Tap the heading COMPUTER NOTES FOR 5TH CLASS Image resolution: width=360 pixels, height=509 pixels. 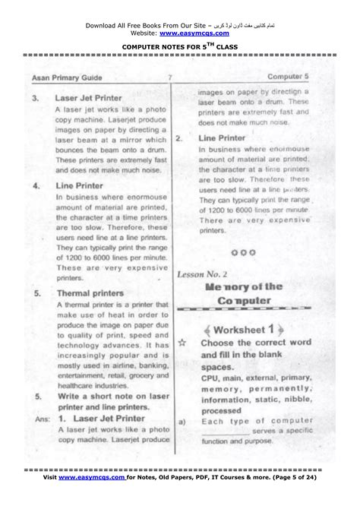click(180, 46)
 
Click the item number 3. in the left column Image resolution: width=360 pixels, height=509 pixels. click(36, 98)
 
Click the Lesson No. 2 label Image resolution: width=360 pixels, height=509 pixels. click(202, 273)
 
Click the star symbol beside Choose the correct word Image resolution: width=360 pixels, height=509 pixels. click(182, 343)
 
